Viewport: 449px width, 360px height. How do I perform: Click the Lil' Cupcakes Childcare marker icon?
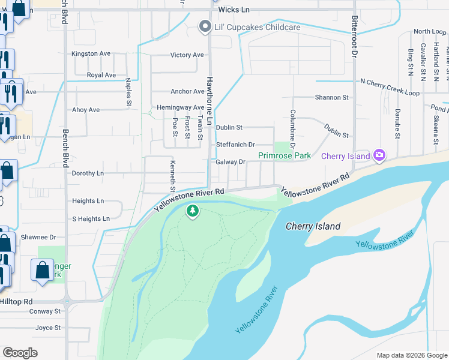[x=205, y=27]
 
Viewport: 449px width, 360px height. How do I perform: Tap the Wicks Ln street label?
[x=234, y=10]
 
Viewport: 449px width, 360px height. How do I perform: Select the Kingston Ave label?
[x=91, y=53]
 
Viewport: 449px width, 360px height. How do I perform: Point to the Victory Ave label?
[x=187, y=55]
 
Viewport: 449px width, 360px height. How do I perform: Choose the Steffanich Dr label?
[x=235, y=145]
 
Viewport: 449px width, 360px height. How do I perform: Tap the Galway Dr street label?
[x=231, y=162]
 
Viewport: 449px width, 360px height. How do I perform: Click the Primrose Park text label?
[x=285, y=155]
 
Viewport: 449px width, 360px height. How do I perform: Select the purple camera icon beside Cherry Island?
[x=379, y=156]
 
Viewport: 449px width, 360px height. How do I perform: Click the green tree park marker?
[x=193, y=211]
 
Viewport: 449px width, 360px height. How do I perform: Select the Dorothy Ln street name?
[x=88, y=173]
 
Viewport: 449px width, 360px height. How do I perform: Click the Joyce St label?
[x=48, y=328]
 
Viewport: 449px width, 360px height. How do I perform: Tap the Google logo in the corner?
[x=20, y=353]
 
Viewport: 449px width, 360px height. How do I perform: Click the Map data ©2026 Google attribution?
[x=411, y=355]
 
